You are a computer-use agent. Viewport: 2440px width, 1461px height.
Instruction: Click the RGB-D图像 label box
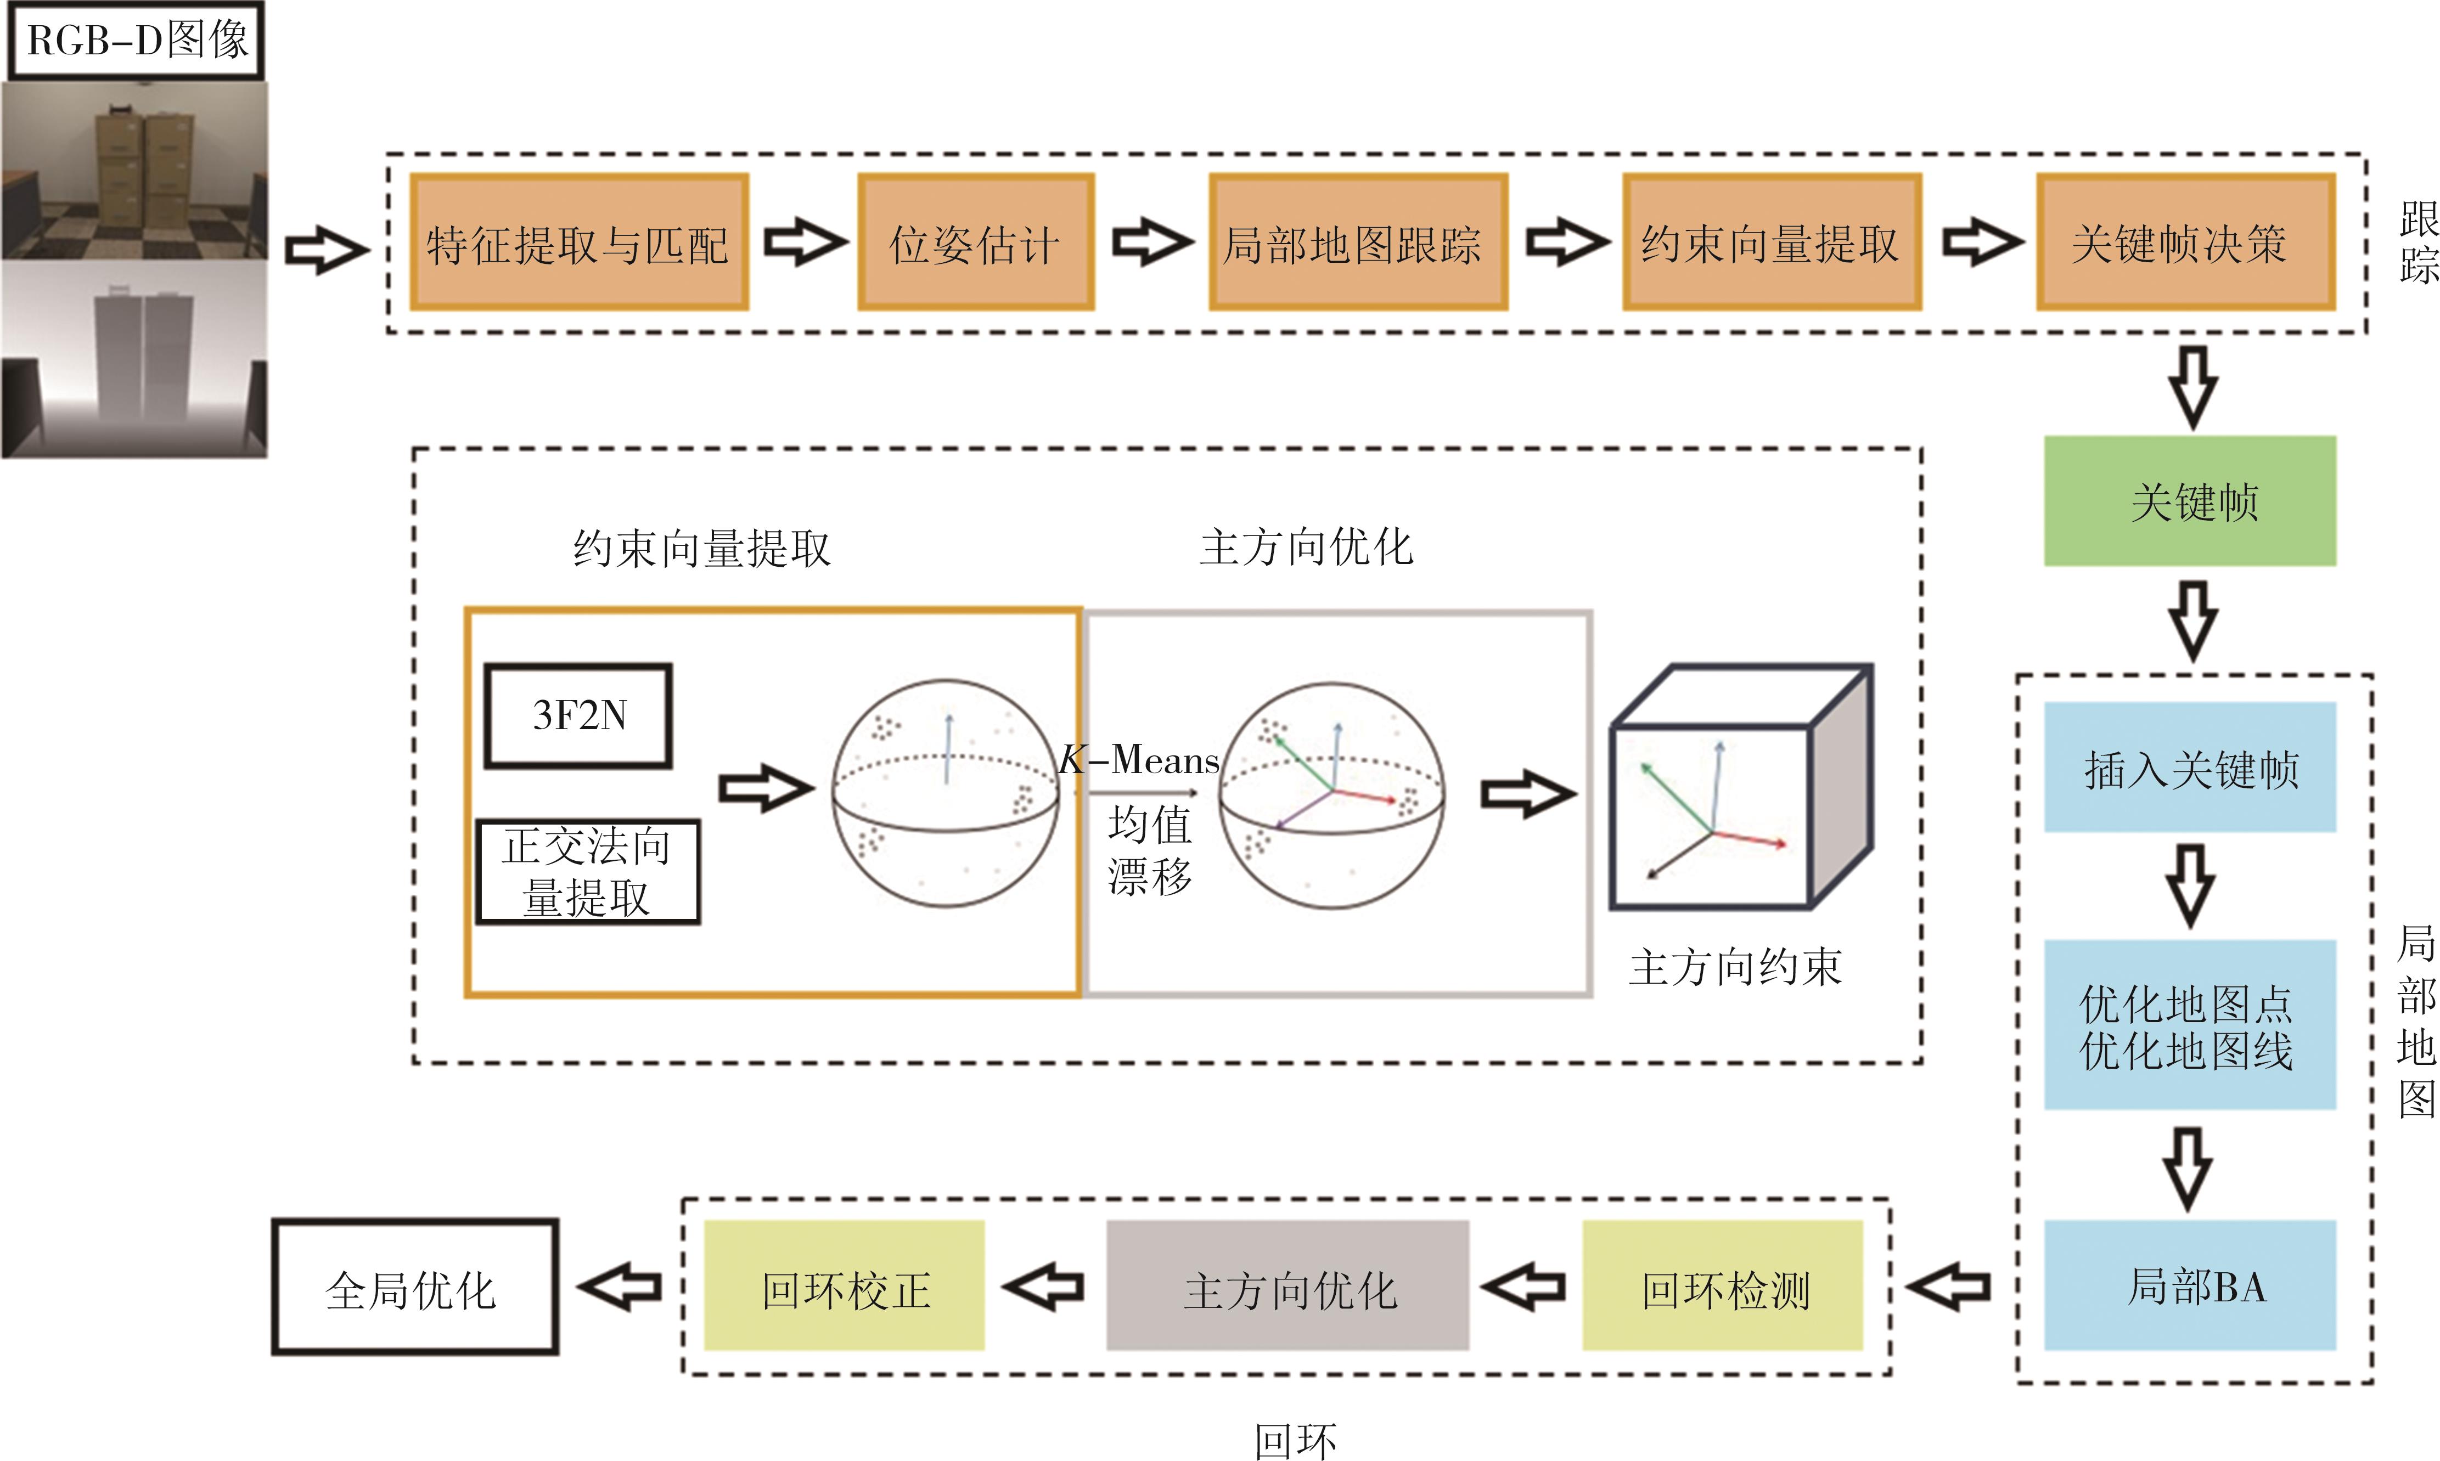pos(136,41)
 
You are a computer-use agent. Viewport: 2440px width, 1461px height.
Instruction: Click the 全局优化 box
pos(414,1287)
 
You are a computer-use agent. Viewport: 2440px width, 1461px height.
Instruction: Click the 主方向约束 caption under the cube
pos(1734,967)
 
